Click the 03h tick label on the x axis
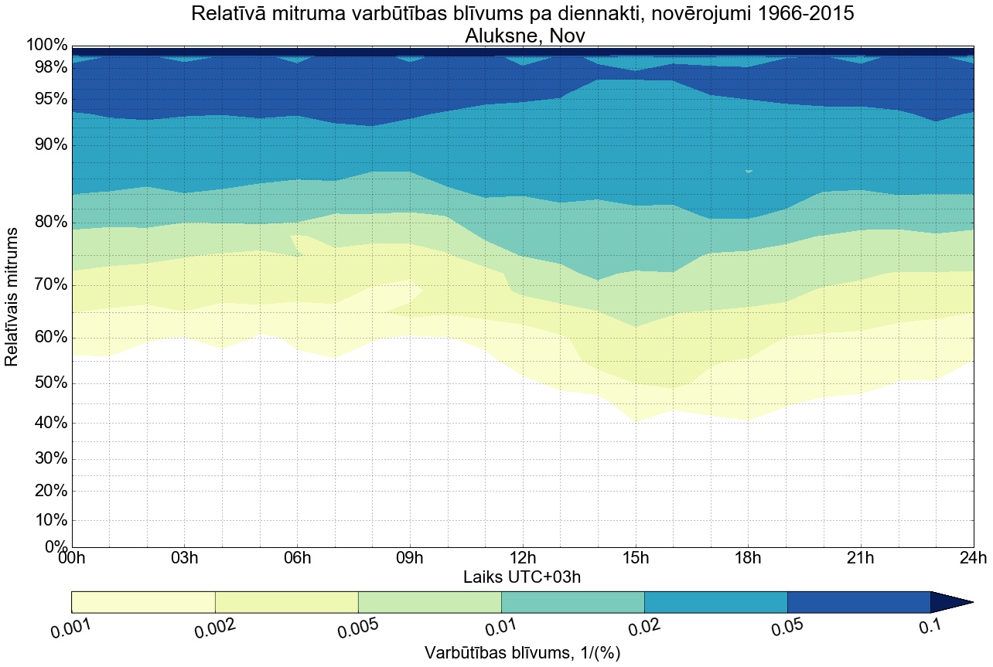coord(184,558)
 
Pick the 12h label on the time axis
coord(523,558)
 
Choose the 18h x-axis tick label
coord(748,558)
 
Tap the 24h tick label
coord(973,558)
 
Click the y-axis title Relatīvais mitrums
coord(13,297)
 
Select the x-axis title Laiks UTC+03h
coord(522,577)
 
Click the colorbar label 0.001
coord(72,628)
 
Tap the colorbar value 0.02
coord(644,628)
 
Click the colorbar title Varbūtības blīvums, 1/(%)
coord(522,653)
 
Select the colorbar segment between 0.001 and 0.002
coord(143,602)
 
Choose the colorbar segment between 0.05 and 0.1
coord(858,602)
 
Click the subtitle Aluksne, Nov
coord(522,35)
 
